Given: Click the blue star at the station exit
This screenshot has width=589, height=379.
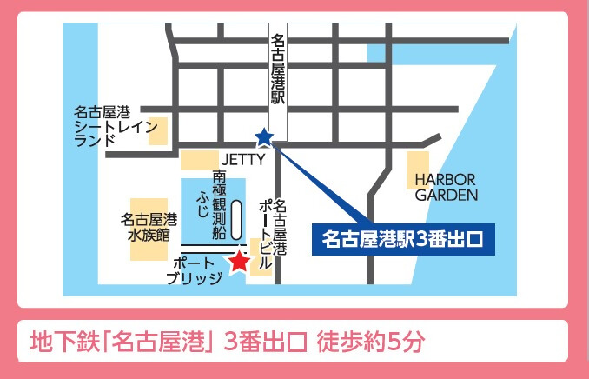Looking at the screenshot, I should [x=263, y=137].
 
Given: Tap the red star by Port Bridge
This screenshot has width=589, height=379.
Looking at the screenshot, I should [x=237, y=261].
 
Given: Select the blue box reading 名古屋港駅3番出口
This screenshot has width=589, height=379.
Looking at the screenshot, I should [x=402, y=236].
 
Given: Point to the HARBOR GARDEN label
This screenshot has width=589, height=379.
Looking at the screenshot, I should [x=447, y=187].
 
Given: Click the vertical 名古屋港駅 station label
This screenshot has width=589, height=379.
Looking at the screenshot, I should [x=278, y=70].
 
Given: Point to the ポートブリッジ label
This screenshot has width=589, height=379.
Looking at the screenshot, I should [x=193, y=269].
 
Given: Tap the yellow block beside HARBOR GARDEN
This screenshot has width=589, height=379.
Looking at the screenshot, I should [x=418, y=170].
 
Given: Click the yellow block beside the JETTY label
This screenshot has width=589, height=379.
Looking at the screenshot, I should [x=199, y=160].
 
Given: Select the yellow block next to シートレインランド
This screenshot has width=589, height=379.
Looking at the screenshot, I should [x=159, y=130].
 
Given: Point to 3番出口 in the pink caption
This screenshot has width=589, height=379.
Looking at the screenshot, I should [x=264, y=340].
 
